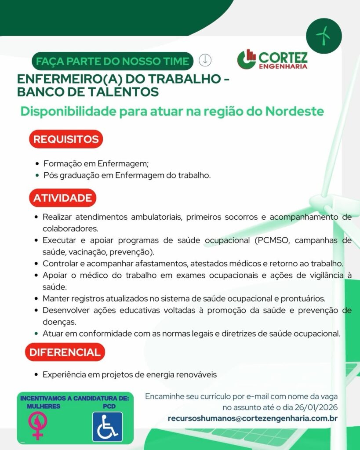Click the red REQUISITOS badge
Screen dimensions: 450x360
click(x=66, y=139)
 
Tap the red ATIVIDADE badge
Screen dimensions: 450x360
click(x=62, y=198)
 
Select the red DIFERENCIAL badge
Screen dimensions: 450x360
click(x=65, y=352)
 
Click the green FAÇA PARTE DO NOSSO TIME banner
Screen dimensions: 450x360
click(x=113, y=61)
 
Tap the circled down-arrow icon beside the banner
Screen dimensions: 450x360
click(x=205, y=60)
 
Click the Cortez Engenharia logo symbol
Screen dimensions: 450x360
click(x=247, y=59)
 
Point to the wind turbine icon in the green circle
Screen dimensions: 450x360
click(x=323, y=36)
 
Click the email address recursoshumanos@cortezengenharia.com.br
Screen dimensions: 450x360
click(x=252, y=418)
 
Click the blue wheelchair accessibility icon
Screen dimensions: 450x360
click(x=107, y=427)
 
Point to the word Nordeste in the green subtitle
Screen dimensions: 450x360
click(x=295, y=111)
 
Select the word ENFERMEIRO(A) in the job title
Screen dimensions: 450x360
click(x=63, y=80)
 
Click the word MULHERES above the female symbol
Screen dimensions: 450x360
click(x=44, y=406)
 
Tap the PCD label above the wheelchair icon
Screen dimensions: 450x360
click(x=109, y=406)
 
